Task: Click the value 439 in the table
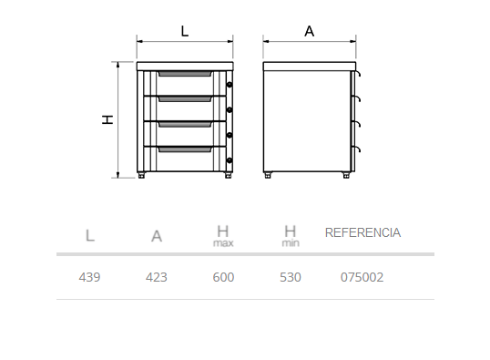[89, 277]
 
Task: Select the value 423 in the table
[157, 277]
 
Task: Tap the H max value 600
[223, 277]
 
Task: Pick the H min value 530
[291, 277]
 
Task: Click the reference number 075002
[362, 277]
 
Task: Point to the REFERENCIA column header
[362, 232]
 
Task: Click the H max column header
[223, 236]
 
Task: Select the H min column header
[291, 236]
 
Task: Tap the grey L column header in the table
[90, 235]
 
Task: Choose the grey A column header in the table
[157, 236]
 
